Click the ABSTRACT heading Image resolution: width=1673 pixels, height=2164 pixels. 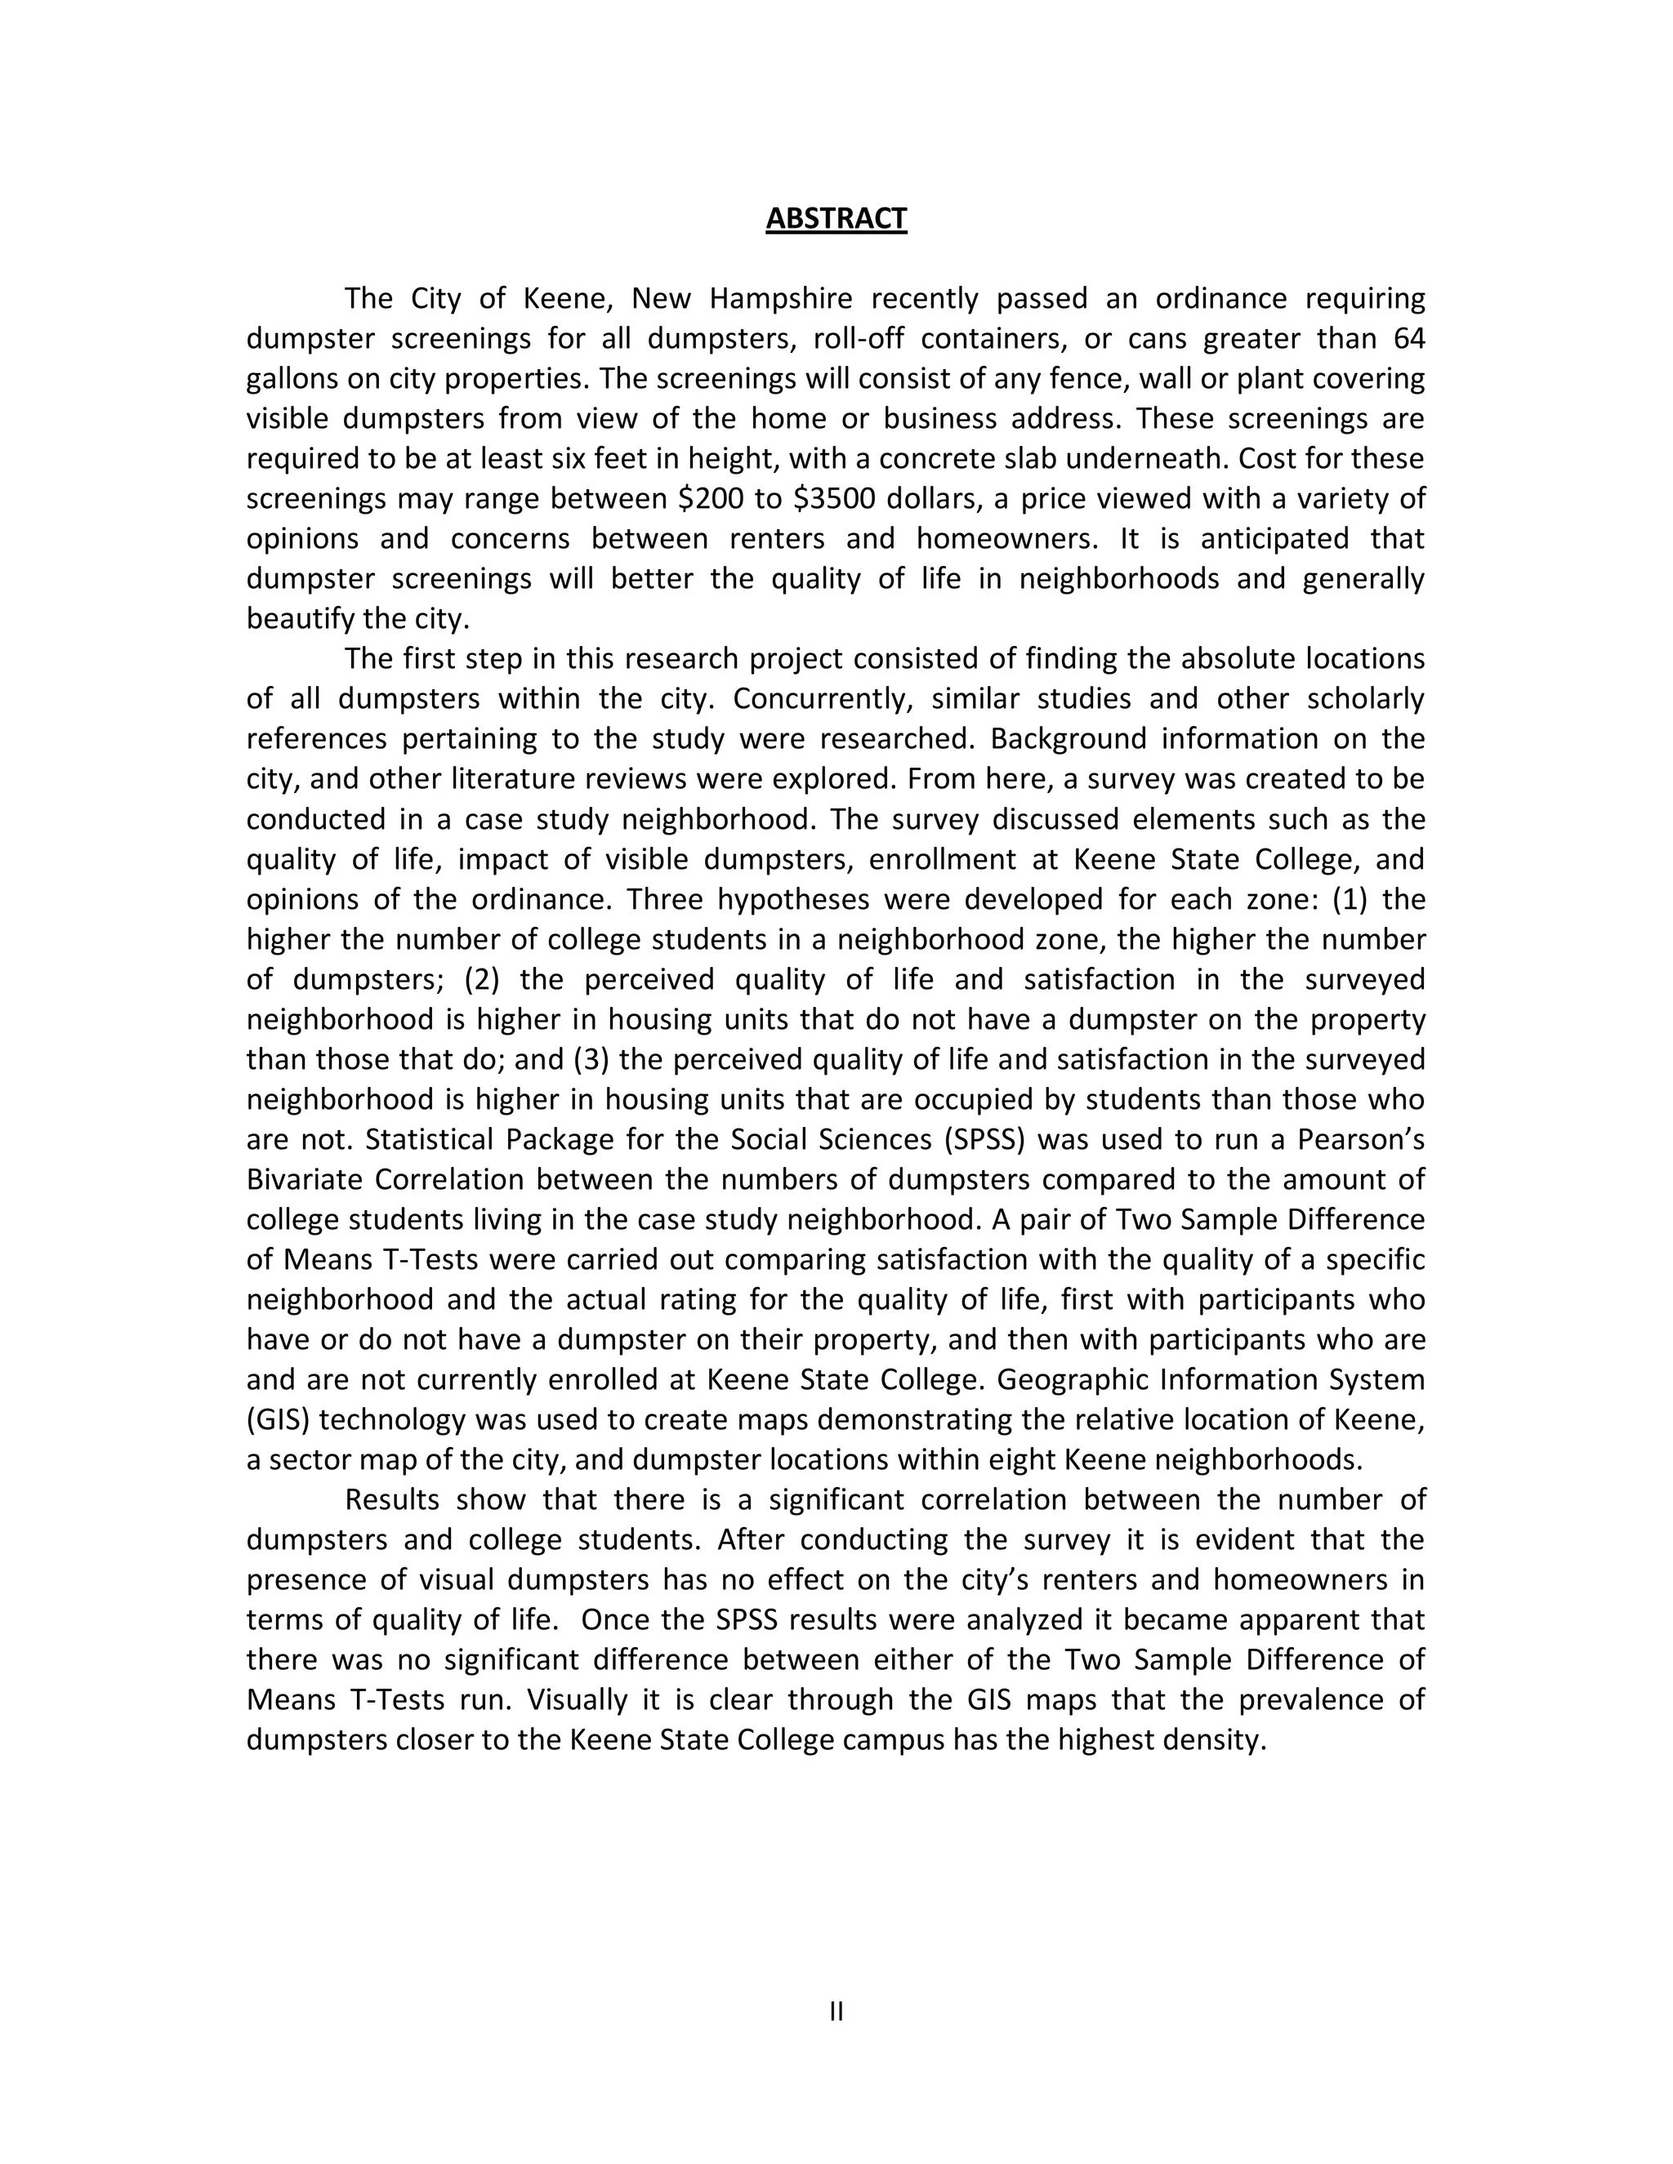click(x=836, y=218)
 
